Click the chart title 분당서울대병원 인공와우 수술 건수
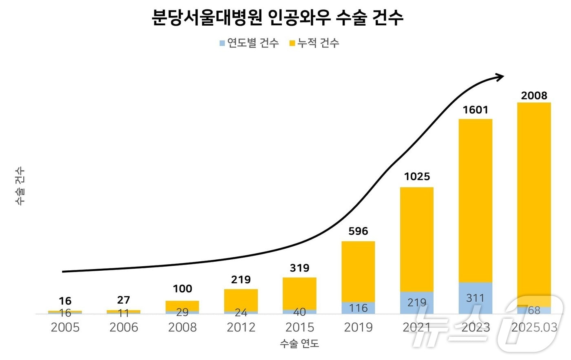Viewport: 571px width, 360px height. [x=277, y=18]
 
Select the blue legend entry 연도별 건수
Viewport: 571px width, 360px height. [x=249, y=43]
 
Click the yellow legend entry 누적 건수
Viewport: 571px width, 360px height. [x=314, y=43]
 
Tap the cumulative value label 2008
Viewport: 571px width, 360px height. [x=534, y=95]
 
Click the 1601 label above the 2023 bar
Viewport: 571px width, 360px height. [x=475, y=110]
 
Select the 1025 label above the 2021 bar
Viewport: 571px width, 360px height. [x=417, y=177]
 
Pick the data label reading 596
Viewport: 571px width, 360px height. [x=358, y=231]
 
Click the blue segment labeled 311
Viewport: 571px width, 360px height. [x=475, y=298]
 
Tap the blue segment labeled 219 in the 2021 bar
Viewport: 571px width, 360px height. [x=417, y=303]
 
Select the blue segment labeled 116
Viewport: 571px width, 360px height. [x=358, y=308]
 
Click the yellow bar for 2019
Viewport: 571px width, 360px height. [x=358, y=271]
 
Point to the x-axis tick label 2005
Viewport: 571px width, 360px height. [x=65, y=327]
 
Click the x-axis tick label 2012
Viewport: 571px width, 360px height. [x=241, y=327]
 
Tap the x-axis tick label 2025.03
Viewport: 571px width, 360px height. [x=534, y=327]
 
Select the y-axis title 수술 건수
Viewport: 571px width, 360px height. [x=20, y=186]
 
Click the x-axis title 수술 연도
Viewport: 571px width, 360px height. [x=299, y=344]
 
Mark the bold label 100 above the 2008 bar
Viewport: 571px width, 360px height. [x=182, y=289]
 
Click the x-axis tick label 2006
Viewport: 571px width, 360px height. [x=124, y=327]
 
